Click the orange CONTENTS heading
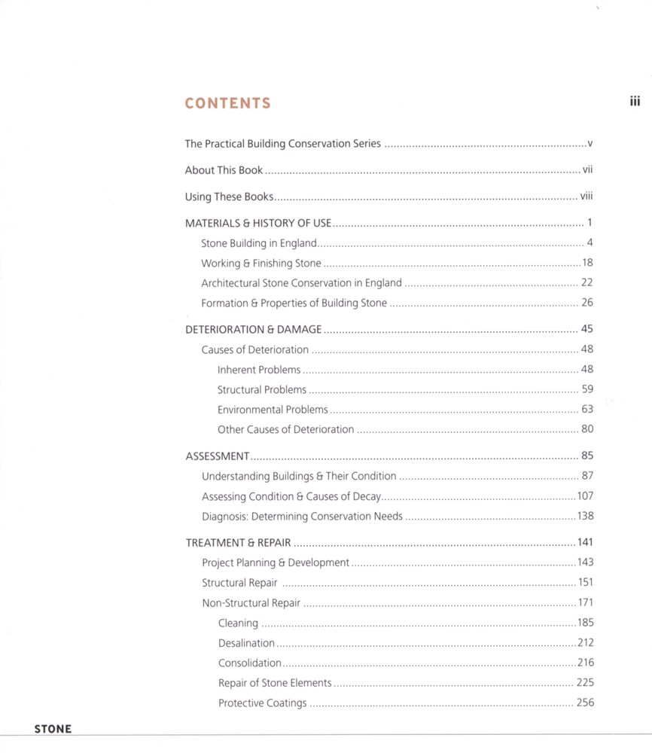(x=227, y=103)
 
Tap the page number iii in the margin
(x=635, y=102)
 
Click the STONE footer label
(x=53, y=729)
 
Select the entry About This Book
(x=224, y=170)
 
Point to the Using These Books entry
(x=229, y=197)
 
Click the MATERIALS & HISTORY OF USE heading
(x=258, y=223)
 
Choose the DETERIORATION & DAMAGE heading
(x=253, y=329)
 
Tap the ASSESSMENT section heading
(x=218, y=456)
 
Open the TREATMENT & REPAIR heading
(x=239, y=542)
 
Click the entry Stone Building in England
(x=259, y=243)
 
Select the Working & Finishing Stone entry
(x=260, y=264)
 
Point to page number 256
(x=585, y=703)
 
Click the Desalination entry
(x=246, y=643)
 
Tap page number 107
(x=585, y=496)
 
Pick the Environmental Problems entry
(x=273, y=410)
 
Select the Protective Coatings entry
(x=262, y=703)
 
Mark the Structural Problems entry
(x=262, y=390)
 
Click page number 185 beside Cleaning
(x=585, y=623)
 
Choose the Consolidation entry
(x=249, y=663)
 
